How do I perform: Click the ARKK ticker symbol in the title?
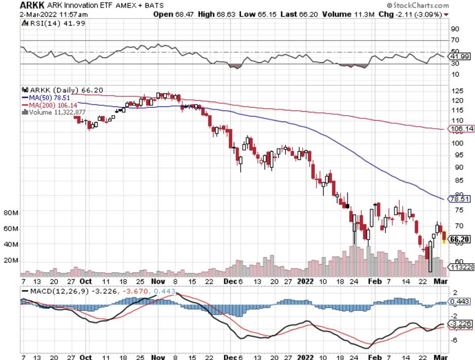point(17,6)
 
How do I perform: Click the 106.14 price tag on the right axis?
point(461,129)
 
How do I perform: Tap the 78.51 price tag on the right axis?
point(459,199)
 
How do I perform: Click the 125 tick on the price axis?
point(457,91)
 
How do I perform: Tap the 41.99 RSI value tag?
point(461,56)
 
